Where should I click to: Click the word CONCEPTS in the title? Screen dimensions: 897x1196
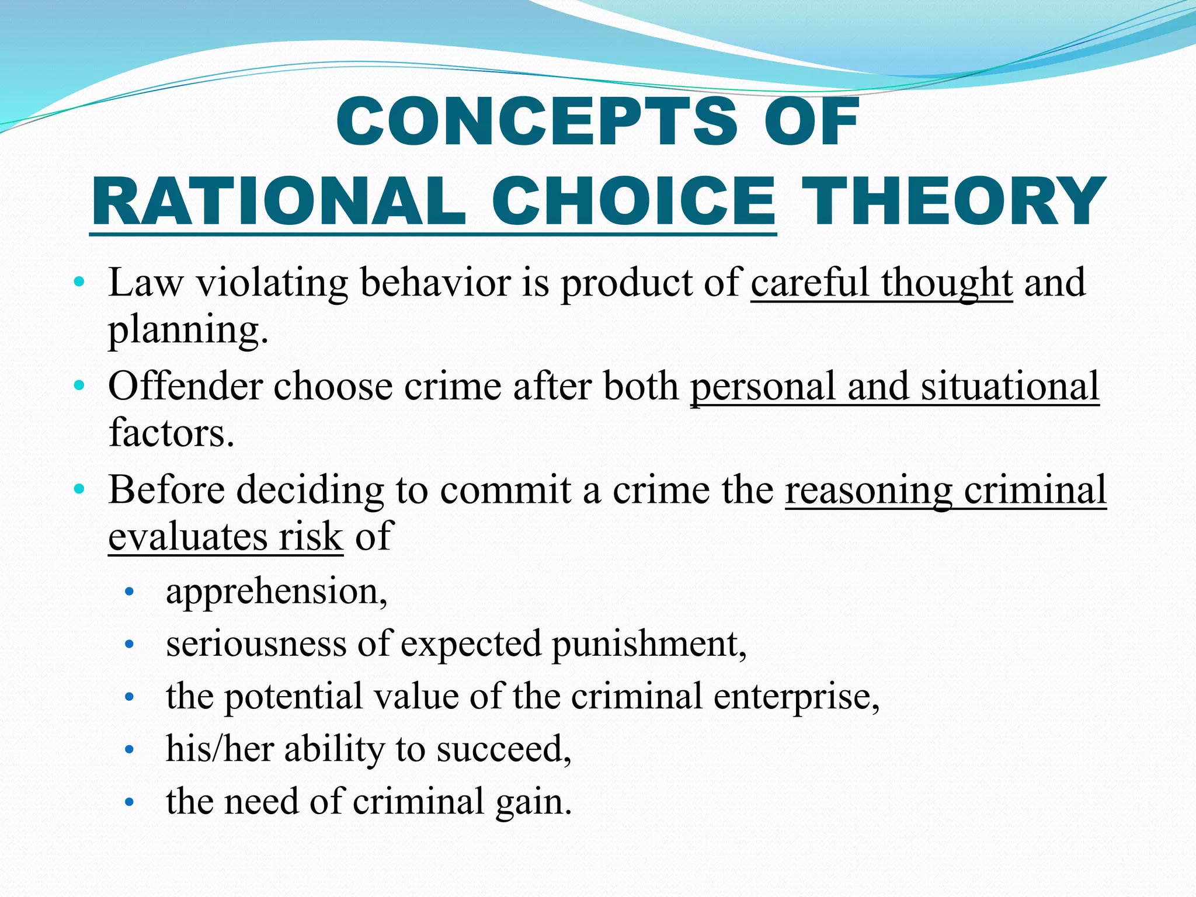[x=536, y=121]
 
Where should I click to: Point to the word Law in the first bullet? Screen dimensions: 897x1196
[x=145, y=283]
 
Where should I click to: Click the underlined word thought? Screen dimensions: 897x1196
[x=946, y=283]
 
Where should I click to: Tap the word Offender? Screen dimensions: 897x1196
[x=185, y=387]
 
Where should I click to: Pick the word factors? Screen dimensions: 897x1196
[x=171, y=433]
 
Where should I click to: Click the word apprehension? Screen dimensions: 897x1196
[x=276, y=592]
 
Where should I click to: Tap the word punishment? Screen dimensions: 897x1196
[x=649, y=644]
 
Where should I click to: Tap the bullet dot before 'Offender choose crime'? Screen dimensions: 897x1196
[x=79, y=386]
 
